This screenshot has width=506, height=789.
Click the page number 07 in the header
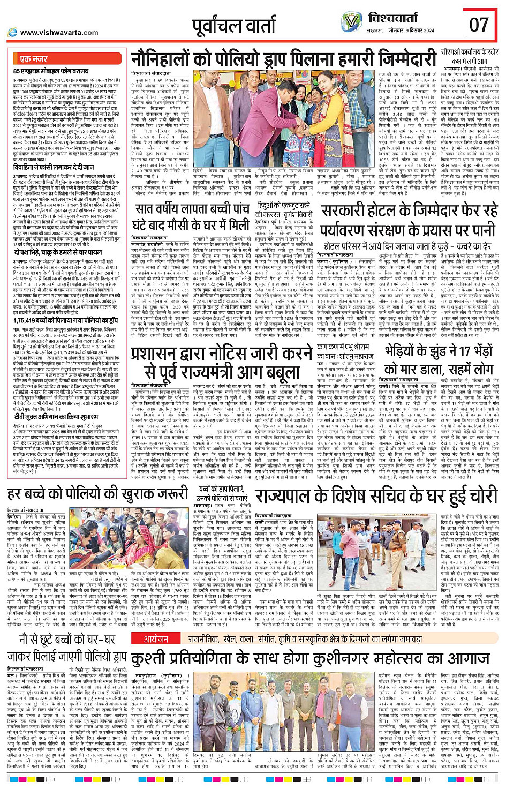(x=479, y=24)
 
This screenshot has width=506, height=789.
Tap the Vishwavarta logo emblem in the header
(x=351, y=22)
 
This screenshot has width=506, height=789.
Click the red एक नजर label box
(x=33, y=59)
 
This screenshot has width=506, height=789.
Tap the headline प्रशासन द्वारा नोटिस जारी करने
(x=222, y=362)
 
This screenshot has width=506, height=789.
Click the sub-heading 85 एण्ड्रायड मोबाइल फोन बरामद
(x=51, y=71)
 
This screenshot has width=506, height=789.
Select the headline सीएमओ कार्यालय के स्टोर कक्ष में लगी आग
(x=470, y=57)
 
